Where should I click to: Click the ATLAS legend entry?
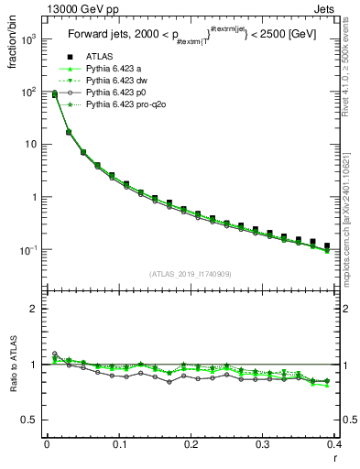(98, 57)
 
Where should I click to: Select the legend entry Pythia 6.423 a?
(114, 69)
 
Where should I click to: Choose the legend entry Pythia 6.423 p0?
(115, 93)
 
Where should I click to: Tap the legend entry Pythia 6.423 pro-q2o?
(123, 104)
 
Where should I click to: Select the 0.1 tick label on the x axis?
(118, 444)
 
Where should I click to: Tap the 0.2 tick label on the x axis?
(191, 444)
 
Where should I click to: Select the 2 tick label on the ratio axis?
(36, 309)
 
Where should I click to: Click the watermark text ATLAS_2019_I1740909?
(191, 274)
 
